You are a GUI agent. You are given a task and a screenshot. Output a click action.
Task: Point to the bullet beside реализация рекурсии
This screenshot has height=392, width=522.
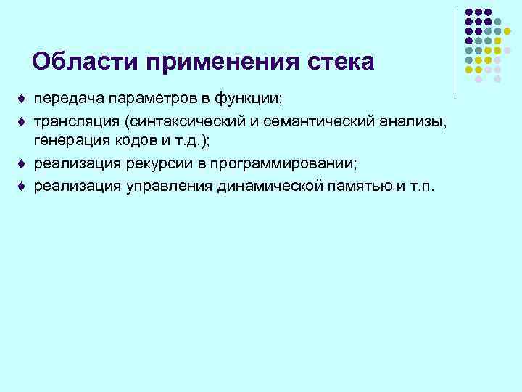coord(21,163)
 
